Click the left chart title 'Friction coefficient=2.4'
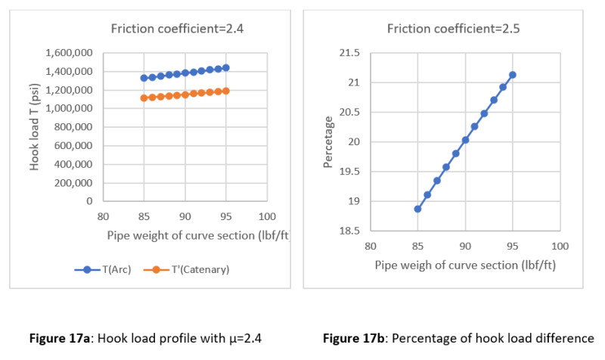click(x=177, y=29)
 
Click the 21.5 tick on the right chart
click(x=349, y=53)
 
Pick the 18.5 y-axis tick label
click(x=349, y=231)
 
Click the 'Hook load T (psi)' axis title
click(x=35, y=126)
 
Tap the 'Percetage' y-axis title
click(x=327, y=142)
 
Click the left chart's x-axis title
click(x=197, y=234)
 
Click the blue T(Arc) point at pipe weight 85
click(x=144, y=78)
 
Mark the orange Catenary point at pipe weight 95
click(x=225, y=91)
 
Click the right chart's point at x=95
click(x=512, y=75)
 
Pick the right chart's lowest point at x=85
click(x=417, y=209)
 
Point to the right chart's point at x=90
click(x=465, y=140)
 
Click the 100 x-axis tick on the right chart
click(x=560, y=246)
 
